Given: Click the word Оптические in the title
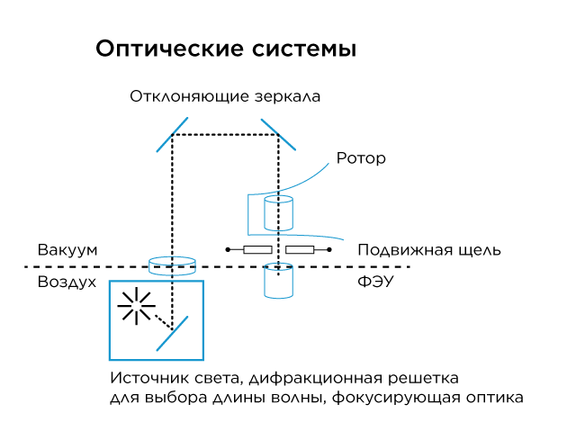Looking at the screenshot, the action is point(170,49).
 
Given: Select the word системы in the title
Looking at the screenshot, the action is point(304,49).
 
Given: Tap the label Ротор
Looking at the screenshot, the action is point(361,158).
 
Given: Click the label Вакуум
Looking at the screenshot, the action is point(67,251).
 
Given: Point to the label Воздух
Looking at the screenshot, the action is point(67,283).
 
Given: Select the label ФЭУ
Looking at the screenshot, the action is point(375,282).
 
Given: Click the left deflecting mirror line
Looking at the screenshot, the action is point(172,135).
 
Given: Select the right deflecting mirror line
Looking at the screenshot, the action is point(278,134).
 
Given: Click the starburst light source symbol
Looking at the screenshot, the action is point(136,306).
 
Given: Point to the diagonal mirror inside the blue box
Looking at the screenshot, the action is point(172,333).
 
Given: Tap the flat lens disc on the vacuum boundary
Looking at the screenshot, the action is point(172,266).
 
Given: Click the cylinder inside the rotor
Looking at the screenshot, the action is point(278,213).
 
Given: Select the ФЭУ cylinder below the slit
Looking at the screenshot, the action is point(278,280).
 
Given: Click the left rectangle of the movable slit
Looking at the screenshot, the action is point(258,250).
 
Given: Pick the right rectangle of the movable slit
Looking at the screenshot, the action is point(300,250).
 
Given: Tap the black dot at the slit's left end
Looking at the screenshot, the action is point(228,250).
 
